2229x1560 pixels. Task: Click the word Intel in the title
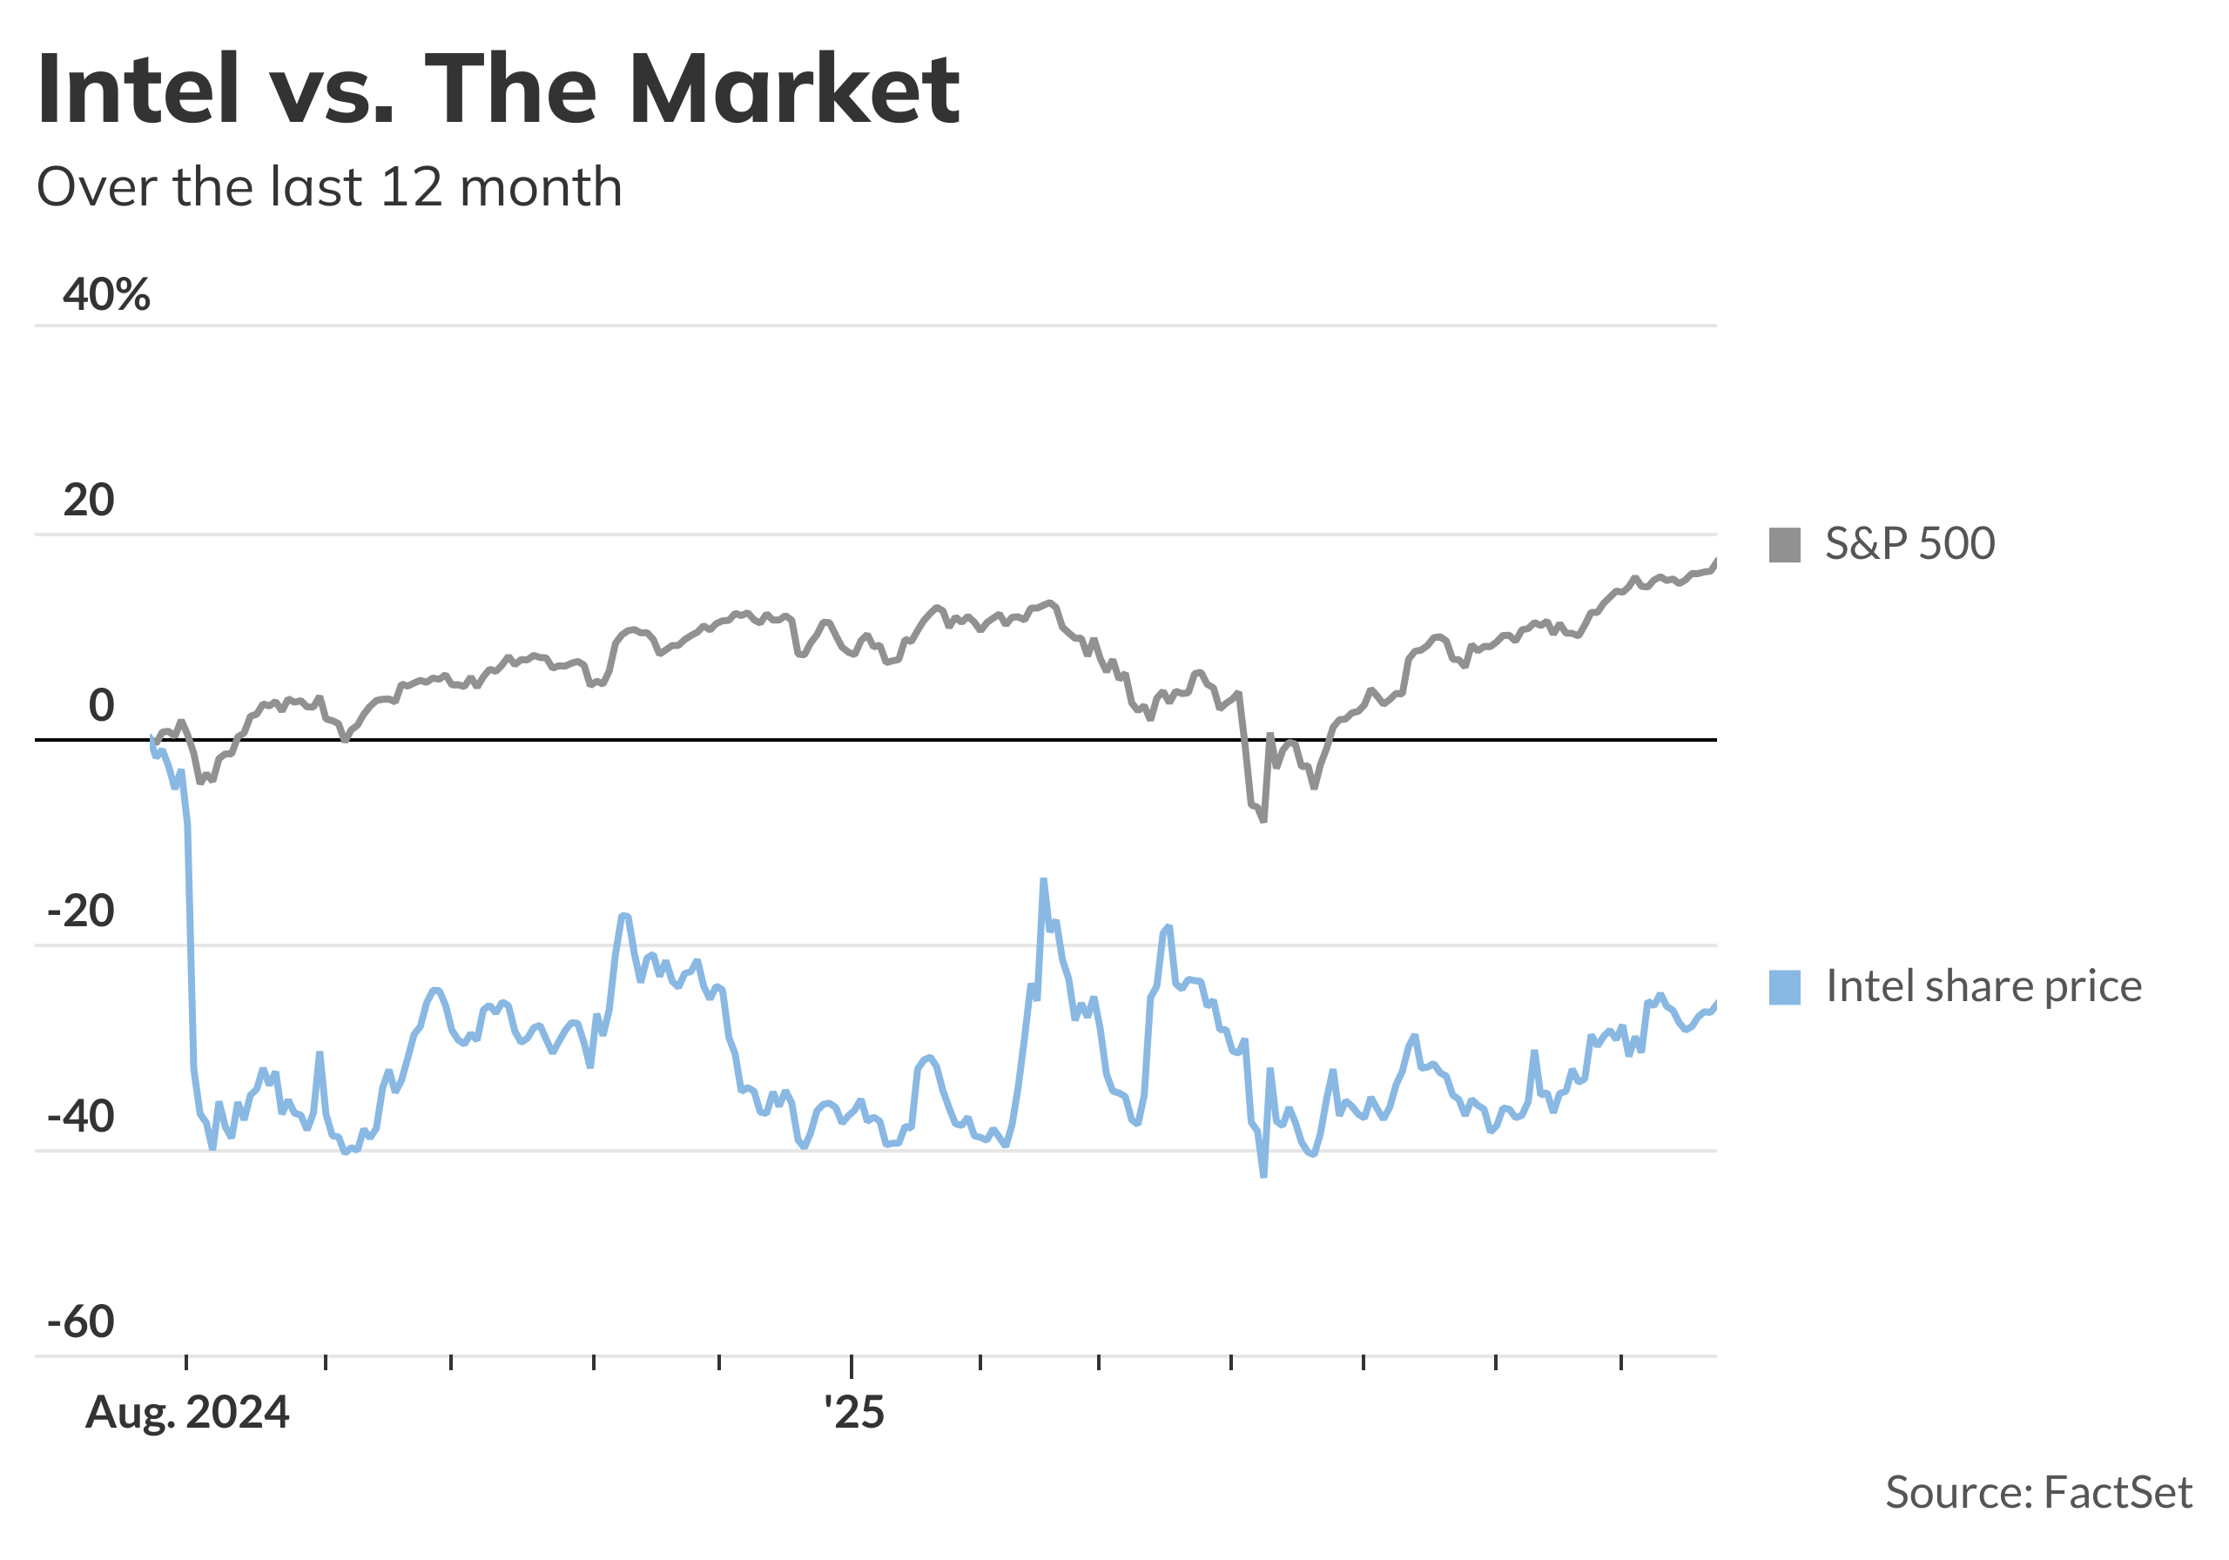tap(138, 90)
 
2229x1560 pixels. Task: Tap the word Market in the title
tap(794, 90)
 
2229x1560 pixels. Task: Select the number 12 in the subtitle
tap(411, 186)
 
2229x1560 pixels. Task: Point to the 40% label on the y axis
tap(106, 293)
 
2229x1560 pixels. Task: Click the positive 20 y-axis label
tap(88, 500)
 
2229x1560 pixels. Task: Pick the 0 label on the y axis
tap(101, 706)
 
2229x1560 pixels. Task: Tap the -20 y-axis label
tap(81, 911)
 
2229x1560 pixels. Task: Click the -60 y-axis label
tap(81, 1321)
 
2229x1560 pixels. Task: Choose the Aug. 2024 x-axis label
tap(187, 1413)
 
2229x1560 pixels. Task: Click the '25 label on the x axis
tap(853, 1413)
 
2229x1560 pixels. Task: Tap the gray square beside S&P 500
tap(1784, 545)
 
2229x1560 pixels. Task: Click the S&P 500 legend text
tap(1909, 543)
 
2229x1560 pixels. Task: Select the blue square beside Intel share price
tap(1784, 987)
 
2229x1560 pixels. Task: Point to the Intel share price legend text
tap(1983, 986)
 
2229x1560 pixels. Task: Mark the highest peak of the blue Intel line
tap(1044, 880)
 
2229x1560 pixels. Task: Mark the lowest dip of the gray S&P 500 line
tap(1263, 821)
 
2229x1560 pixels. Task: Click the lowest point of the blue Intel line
tap(1263, 1175)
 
